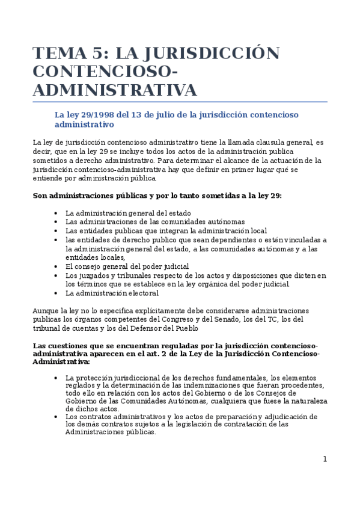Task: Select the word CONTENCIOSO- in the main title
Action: coord(106,72)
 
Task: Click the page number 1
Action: coord(325,459)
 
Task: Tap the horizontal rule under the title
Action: coord(180,101)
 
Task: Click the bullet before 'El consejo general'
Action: coord(56,266)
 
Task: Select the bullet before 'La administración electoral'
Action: coord(56,293)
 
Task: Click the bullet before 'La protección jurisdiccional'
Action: coord(56,378)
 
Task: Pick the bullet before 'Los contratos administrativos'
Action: coord(56,417)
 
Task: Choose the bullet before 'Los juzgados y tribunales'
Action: coord(56,275)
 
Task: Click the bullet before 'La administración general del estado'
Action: coord(56,213)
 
